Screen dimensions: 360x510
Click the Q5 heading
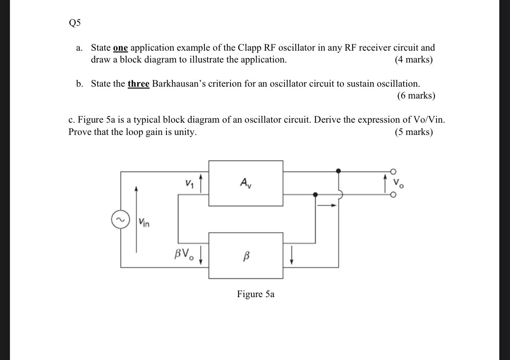(x=74, y=23)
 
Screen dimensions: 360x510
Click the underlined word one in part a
(x=120, y=48)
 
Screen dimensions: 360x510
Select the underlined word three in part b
(x=138, y=84)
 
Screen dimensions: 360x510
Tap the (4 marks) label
(x=414, y=60)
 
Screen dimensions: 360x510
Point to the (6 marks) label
(x=416, y=96)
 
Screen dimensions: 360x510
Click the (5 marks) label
(x=414, y=132)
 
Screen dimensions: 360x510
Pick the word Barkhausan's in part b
(x=179, y=84)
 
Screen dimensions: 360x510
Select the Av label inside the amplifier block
(x=245, y=182)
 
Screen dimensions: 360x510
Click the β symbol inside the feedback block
(x=246, y=257)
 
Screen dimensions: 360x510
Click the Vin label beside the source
(x=144, y=223)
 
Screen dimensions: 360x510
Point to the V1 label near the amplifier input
(x=189, y=183)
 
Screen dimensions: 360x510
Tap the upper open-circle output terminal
(x=393, y=171)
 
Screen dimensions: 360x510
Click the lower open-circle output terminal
(x=393, y=195)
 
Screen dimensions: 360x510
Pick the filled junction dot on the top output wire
(x=338, y=171)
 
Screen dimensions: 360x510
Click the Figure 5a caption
(x=255, y=294)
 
